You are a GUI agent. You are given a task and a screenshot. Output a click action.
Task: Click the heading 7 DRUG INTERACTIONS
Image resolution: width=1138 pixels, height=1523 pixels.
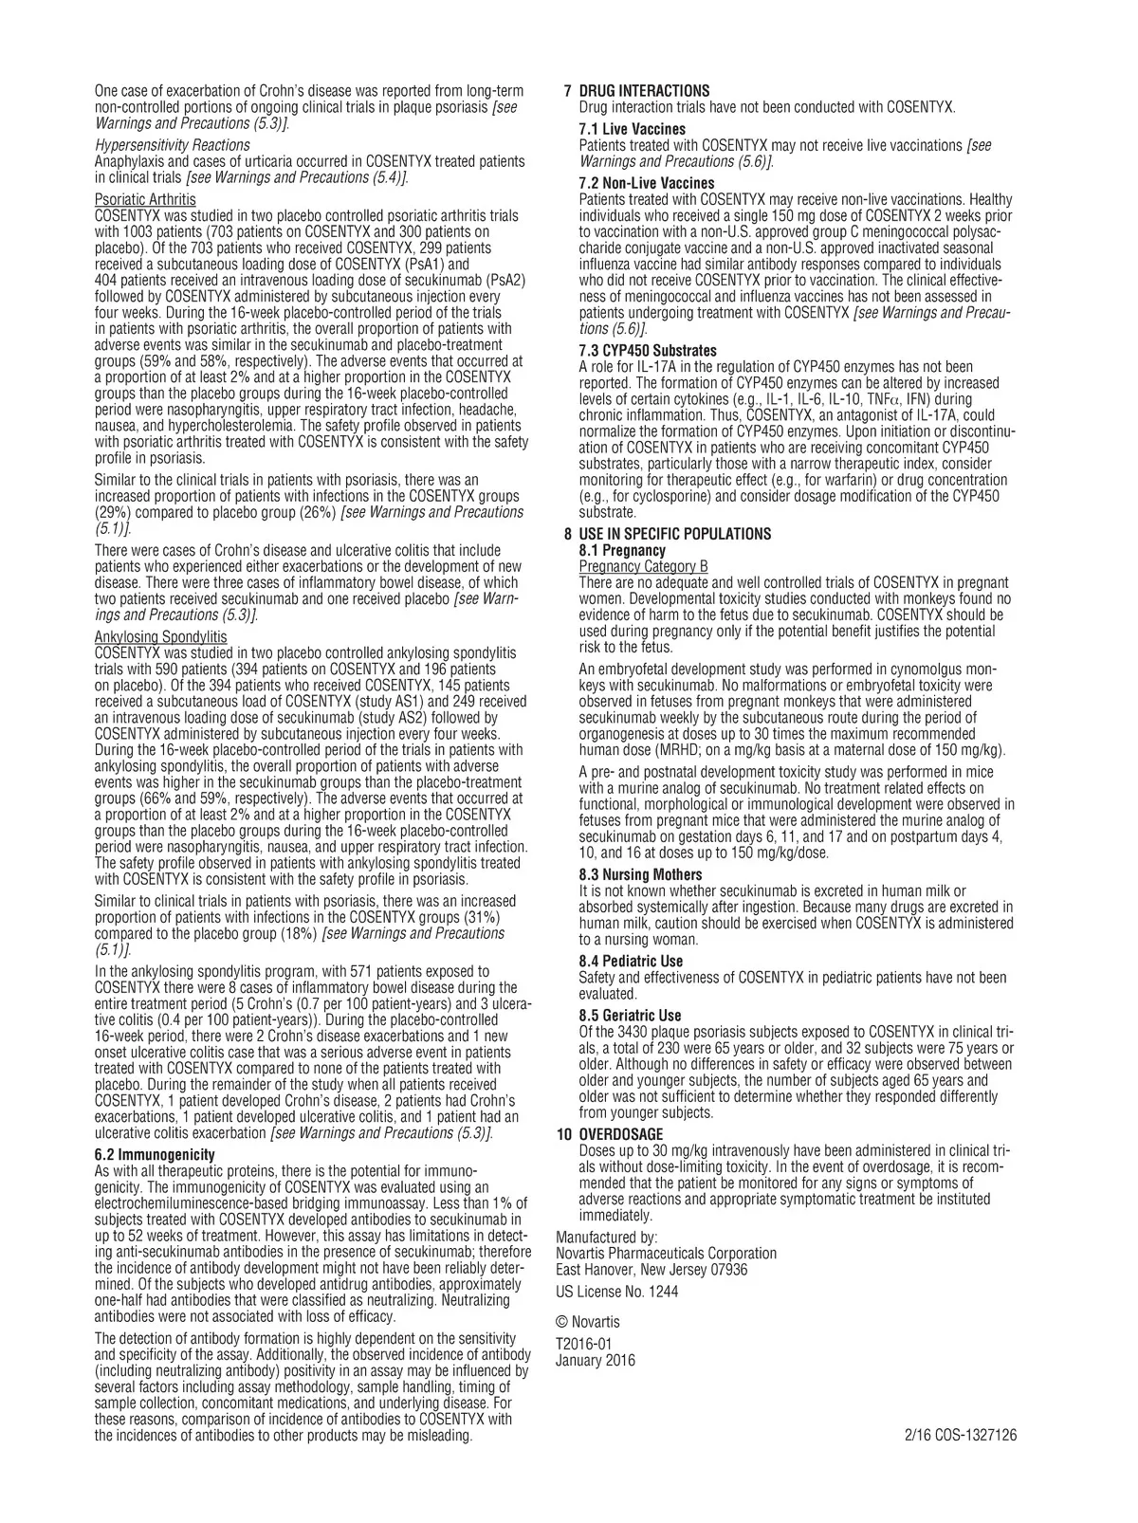(x=636, y=91)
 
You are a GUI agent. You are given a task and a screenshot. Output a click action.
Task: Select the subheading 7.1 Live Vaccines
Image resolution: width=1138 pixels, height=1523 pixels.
(x=632, y=129)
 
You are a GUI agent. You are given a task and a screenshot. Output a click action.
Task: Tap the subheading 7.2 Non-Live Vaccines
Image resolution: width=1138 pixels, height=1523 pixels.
(x=647, y=183)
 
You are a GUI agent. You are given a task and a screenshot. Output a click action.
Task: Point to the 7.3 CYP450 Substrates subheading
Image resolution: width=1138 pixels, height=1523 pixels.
(x=648, y=351)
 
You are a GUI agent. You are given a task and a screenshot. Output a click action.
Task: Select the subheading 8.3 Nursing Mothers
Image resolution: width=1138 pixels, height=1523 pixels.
(x=640, y=874)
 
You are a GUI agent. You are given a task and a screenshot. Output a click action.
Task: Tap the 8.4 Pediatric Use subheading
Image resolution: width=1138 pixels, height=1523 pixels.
(x=631, y=962)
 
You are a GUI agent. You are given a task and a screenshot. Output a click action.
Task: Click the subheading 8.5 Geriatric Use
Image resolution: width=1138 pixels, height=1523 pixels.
(x=630, y=1016)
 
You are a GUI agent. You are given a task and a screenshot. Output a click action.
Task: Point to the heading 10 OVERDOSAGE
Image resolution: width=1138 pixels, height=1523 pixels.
(x=610, y=1134)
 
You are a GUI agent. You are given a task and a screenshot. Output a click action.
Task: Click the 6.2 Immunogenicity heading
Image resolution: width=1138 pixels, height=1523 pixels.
(x=155, y=1154)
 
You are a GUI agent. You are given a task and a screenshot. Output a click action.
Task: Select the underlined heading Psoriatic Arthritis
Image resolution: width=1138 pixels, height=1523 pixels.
(x=145, y=199)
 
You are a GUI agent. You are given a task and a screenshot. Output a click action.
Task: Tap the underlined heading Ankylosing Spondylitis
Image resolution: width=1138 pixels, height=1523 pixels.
(x=161, y=636)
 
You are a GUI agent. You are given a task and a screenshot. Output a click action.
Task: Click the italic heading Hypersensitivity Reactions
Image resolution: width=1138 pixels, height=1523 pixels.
(x=172, y=145)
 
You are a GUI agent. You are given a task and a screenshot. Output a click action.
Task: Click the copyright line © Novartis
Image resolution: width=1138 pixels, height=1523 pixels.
(x=588, y=1322)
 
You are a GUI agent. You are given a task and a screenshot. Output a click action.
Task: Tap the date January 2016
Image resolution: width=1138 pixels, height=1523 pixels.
(x=596, y=1361)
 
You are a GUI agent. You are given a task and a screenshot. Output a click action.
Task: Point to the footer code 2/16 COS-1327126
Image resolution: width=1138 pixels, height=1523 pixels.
(x=961, y=1436)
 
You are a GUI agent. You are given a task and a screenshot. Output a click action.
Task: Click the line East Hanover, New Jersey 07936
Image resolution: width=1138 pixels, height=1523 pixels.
(x=652, y=1270)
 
